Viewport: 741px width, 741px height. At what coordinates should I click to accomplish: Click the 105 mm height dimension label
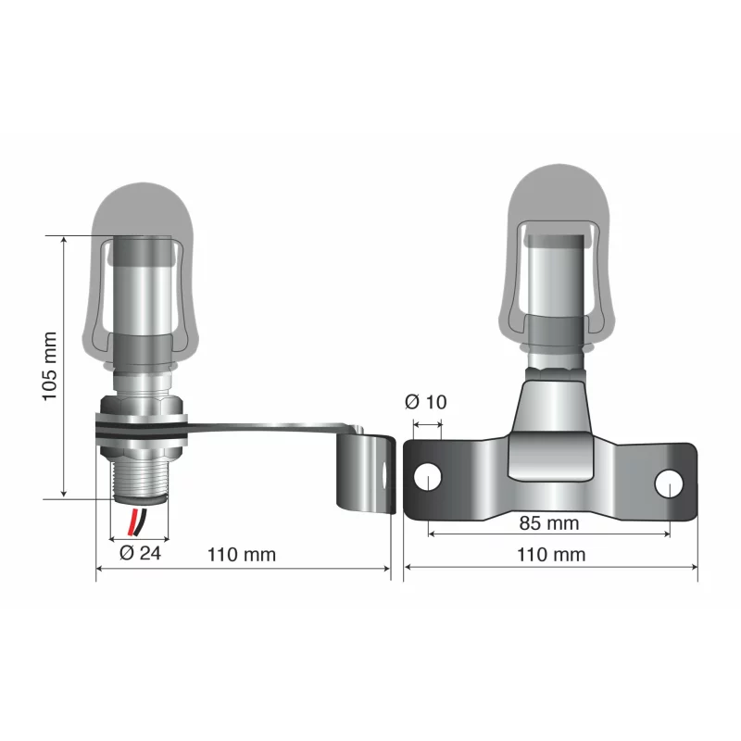[50, 366]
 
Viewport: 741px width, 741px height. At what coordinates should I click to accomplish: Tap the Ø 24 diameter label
[139, 554]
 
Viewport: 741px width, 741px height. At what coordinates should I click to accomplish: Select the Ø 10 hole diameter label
[426, 402]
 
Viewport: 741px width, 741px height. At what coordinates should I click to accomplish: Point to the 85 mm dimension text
[548, 523]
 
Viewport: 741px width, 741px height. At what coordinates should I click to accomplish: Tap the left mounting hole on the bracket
[427, 477]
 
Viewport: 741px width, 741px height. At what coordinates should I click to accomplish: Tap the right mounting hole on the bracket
[669, 484]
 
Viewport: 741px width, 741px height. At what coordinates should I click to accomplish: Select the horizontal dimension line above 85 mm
[548, 535]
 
